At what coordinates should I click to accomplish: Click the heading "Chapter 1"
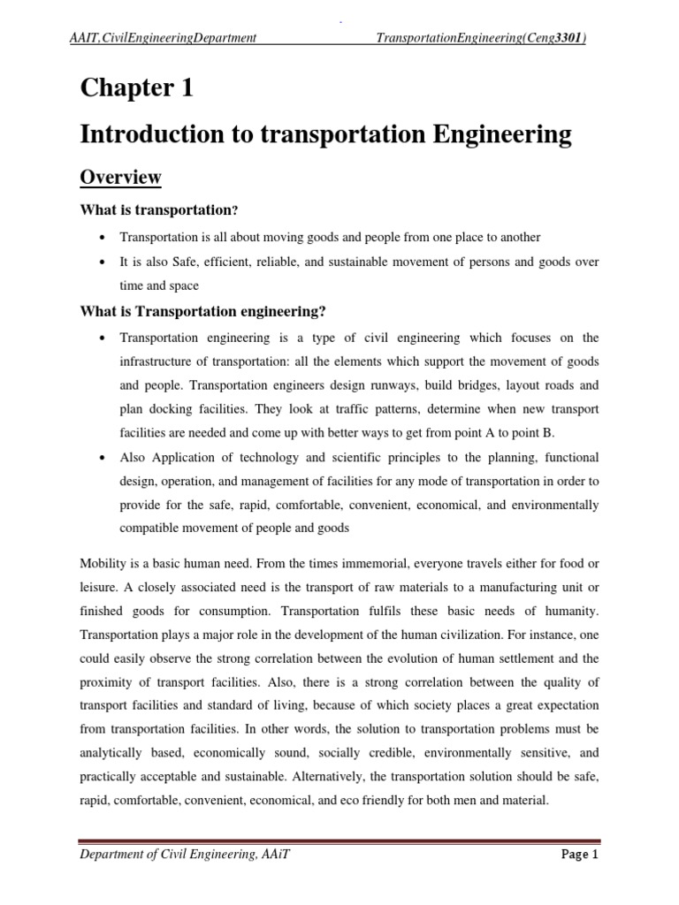pyautogui.click(x=136, y=88)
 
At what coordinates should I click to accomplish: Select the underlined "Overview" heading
pyautogui.click(x=120, y=177)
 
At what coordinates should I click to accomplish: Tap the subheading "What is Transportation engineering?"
pyautogui.click(x=203, y=311)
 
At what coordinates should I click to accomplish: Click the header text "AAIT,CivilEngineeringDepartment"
pyautogui.click(x=164, y=37)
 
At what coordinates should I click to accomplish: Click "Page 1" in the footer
pyautogui.click(x=579, y=855)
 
